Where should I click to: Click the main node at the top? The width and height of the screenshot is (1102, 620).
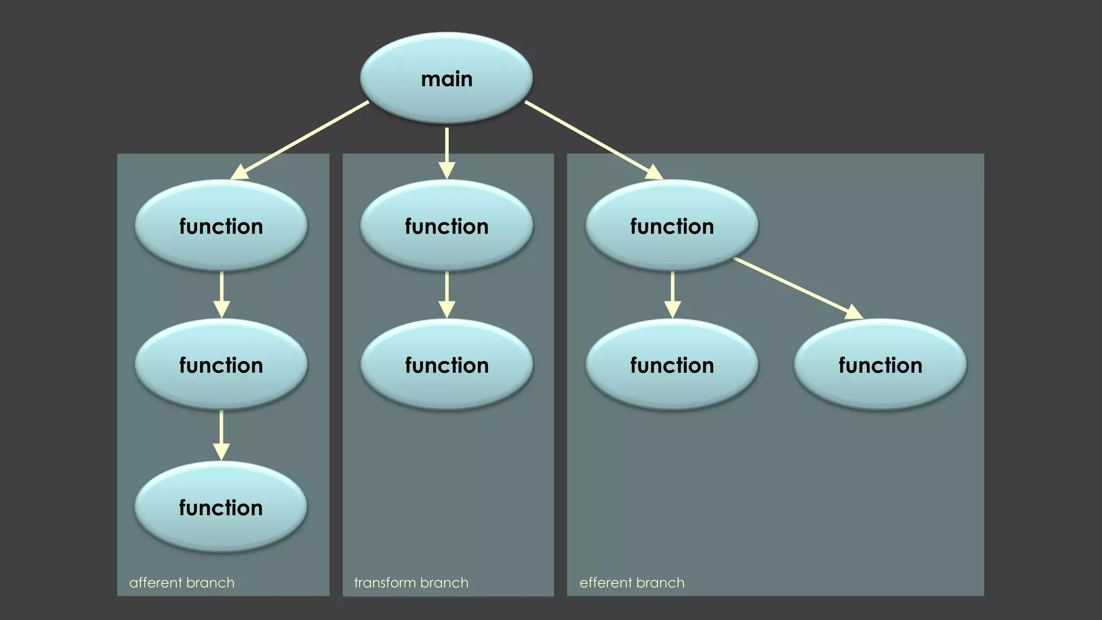tap(446, 79)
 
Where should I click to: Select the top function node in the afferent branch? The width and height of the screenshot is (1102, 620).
tap(221, 226)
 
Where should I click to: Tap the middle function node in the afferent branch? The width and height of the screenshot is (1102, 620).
tap(221, 365)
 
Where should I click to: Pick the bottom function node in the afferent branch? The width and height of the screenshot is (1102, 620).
tap(221, 508)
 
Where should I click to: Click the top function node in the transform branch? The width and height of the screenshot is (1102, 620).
tap(447, 226)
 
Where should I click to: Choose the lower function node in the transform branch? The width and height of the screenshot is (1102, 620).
tap(447, 365)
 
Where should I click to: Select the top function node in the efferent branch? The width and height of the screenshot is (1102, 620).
tap(672, 226)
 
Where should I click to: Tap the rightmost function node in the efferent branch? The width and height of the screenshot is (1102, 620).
tap(880, 365)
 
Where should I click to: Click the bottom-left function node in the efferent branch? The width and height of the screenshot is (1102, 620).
tap(672, 365)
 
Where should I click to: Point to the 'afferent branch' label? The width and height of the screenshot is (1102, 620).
tap(182, 583)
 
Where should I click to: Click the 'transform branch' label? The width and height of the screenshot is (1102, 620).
tap(411, 583)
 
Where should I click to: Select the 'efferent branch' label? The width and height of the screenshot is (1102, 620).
tap(632, 583)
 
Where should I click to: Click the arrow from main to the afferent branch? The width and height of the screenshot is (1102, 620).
tap(301, 139)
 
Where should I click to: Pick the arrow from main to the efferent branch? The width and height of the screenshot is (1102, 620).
tap(592, 139)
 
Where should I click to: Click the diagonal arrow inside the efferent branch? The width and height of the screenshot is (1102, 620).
tap(796, 287)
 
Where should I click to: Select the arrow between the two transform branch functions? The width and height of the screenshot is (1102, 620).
tap(447, 293)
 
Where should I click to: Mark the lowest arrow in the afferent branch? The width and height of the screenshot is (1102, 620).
tap(221, 434)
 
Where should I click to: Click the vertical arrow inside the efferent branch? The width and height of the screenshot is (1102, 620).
tap(672, 293)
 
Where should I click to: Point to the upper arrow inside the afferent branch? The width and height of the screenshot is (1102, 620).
tap(221, 293)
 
